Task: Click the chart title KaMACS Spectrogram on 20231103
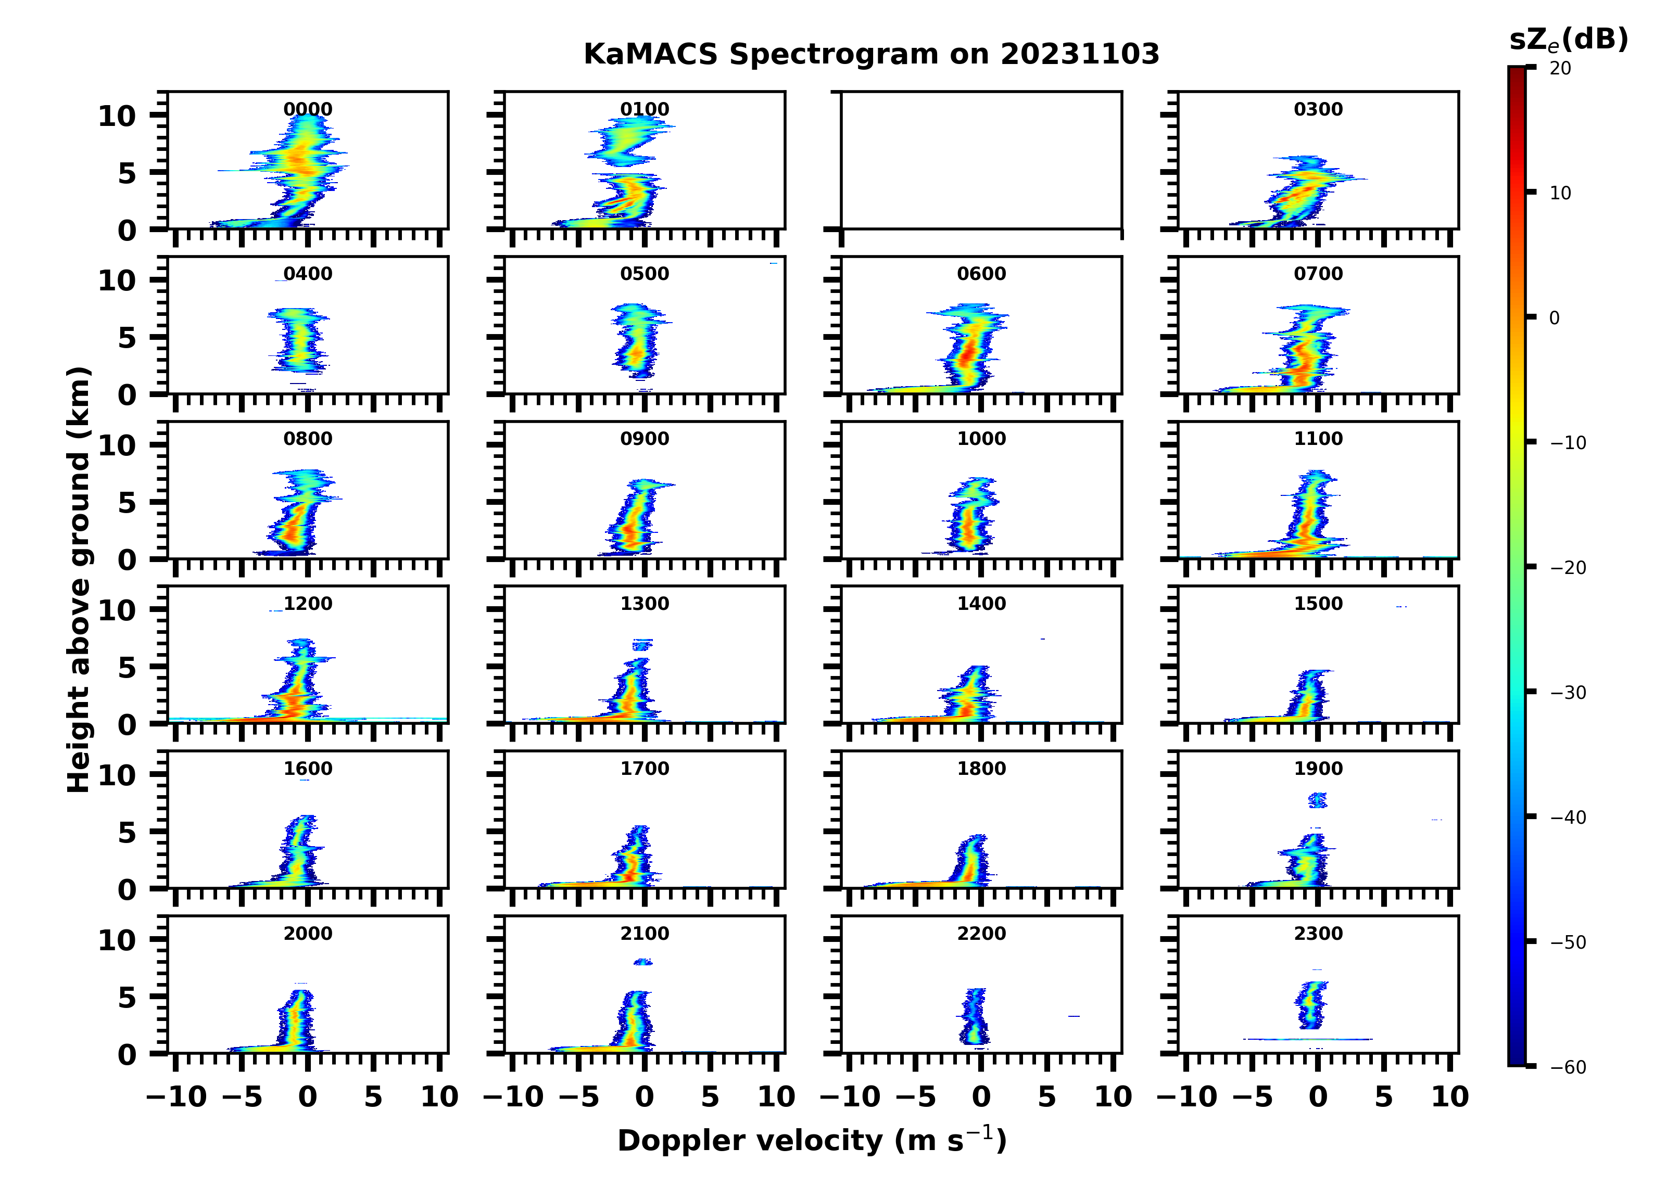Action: point(871,55)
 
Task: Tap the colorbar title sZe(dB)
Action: point(1568,40)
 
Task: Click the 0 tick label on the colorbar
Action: point(1554,318)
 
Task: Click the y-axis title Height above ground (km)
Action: point(79,580)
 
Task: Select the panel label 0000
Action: point(308,109)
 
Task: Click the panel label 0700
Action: point(1318,274)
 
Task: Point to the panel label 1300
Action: point(645,604)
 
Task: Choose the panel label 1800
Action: point(981,769)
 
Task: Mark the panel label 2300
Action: point(1318,933)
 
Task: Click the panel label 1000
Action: point(981,439)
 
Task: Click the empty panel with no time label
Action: point(981,160)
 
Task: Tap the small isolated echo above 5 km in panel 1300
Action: point(642,645)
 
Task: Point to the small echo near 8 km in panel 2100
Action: point(642,962)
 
